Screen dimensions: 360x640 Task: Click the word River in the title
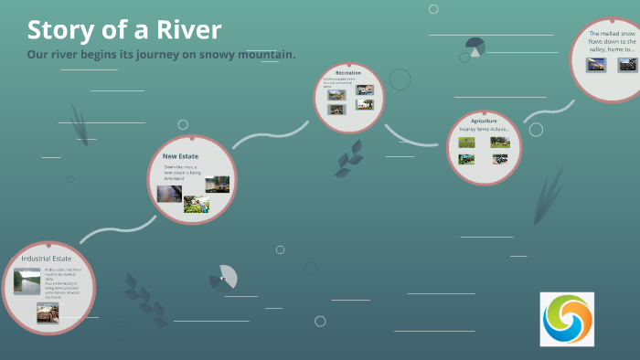[x=189, y=30]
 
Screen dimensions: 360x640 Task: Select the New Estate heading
[x=181, y=156]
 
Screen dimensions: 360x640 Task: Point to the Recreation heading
[x=348, y=72]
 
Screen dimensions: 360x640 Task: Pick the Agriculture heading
[x=484, y=121]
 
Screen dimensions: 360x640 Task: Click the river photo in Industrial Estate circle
[x=27, y=281]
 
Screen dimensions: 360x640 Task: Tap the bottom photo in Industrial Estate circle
[x=48, y=312]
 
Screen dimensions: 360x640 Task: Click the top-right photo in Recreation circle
[x=365, y=90]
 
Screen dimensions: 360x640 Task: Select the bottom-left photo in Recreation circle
[x=336, y=109]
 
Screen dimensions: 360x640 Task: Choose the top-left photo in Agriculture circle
[x=466, y=142]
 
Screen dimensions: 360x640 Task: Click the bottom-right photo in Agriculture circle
[x=500, y=158]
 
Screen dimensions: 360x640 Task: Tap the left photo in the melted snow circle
[x=595, y=65]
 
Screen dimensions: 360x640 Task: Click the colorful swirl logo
[x=567, y=319]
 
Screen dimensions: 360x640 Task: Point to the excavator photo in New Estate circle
[x=218, y=184]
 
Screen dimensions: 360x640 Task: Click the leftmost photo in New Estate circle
[x=169, y=193]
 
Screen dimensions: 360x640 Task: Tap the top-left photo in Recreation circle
[x=336, y=94]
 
